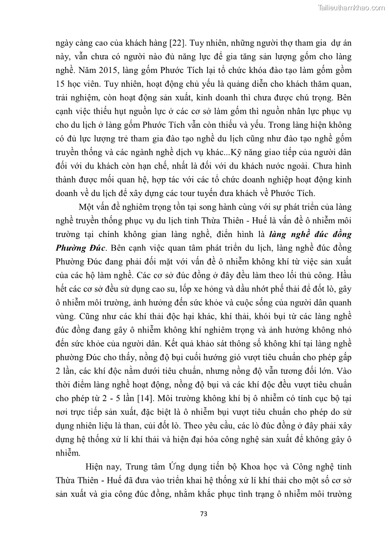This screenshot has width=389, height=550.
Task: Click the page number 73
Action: pyautogui.click(x=205, y=514)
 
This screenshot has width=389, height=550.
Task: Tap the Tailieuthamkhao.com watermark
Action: pyautogui.click(x=351, y=7)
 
